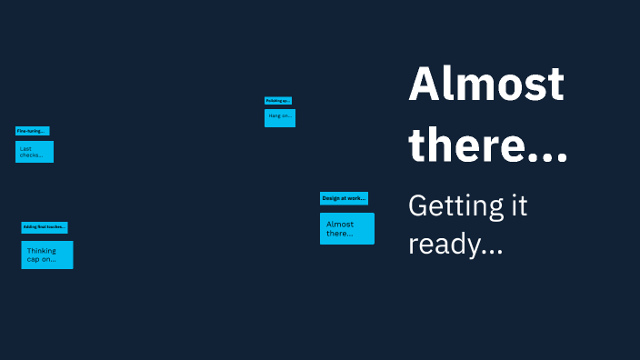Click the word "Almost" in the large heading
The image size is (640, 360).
click(486, 85)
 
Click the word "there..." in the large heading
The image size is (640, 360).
click(488, 145)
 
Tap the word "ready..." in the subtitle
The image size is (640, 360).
click(455, 244)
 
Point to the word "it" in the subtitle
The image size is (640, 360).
click(516, 205)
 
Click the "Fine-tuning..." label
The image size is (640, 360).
click(32, 131)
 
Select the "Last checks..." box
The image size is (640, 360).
click(35, 152)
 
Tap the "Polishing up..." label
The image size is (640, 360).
click(278, 101)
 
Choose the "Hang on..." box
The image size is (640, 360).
click(280, 117)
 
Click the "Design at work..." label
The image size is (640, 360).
click(344, 198)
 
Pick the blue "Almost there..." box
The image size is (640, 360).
click(346, 228)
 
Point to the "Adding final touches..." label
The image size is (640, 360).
click(44, 227)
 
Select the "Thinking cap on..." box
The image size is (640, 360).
click(47, 255)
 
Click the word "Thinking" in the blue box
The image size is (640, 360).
click(42, 250)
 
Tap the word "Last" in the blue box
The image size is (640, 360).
click(25, 147)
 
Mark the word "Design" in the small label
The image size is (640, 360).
click(331, 198)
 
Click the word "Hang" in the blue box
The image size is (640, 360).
click(274, 117)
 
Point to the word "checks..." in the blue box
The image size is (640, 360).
click(31, 155)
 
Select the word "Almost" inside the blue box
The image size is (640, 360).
click(340, 224)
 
